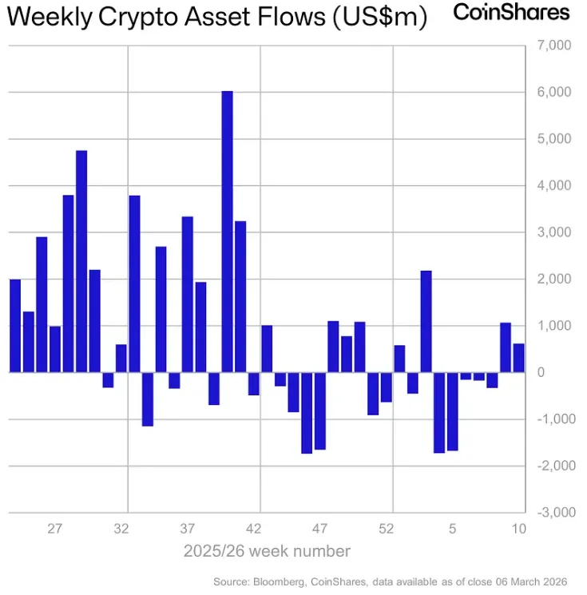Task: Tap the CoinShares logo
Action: pyautogui.click(x=511, y=12)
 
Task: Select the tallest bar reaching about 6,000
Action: pyautogui.click(x=227, y=232)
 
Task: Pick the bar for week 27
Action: pyautogui.click(x=55, y=349)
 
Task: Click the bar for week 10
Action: pyautogui.click(x=519, y=358)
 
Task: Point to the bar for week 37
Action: pyautogui.click(x=188, y=295)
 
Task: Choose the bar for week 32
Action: pyautogui.click(x=121, y=359)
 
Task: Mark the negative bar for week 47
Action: pyautogui.click(x=319, y=411)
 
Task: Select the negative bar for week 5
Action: pyautogui.click(x=452, y=411)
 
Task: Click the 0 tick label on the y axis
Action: pyautogui.click(x=541, y=372)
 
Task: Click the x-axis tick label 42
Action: pyautogui.click(x=253, y=529)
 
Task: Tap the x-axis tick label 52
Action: pyautogui.click(x=386, y=529)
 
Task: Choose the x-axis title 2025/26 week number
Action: pyautogui.click(x=267, y=551)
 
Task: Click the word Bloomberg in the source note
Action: pyautogui.click(x=279, y=582)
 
